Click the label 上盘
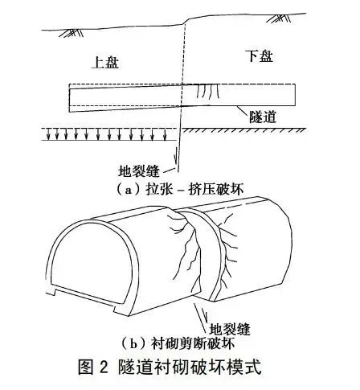105,63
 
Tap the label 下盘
260,56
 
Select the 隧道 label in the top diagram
263,117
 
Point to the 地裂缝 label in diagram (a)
139,170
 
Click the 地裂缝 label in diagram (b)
230,329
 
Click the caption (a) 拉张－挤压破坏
179,189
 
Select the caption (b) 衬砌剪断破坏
178,343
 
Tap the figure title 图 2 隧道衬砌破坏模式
170,367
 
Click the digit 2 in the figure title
103,367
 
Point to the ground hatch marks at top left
71,33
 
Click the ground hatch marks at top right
277,18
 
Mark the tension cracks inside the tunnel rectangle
208,92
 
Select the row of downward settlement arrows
106,134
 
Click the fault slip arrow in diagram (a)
175,155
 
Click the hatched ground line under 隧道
243,129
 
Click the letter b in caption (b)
133,344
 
